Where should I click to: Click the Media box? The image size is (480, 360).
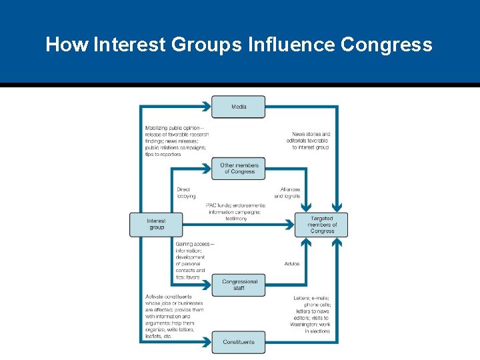pyautogui.click(x=238, y=107)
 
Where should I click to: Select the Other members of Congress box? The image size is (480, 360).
pyautogui.click(x=239, y=168)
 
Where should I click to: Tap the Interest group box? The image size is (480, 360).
pyautogui.click(x=156, y=224)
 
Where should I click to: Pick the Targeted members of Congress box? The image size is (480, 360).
pyautogui.click(x=321, y=225)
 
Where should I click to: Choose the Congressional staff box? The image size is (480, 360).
pyautogui.click(x=239, y=285)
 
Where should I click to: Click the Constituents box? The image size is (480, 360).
pyautogui.click(x=238, y=342)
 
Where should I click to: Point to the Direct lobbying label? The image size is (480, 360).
pyautogui.click(x=186, y=193)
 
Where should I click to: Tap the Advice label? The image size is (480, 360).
pyautogui.click(x=292, y=264)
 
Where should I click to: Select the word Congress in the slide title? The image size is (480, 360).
pyautogui.click(x=386, y=45)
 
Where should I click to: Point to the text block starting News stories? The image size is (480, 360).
pyautogui.click(x=311, y=141)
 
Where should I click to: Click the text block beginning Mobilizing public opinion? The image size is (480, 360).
pyautogui.click(x=176, y=141)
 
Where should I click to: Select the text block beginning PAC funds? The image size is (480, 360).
pyautogui.click(x=236, y=212)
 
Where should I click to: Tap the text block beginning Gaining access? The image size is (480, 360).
pyautogui.click(x=194, y=261)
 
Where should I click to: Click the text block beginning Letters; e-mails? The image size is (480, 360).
pyautogui.click(x=311, y=314)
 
